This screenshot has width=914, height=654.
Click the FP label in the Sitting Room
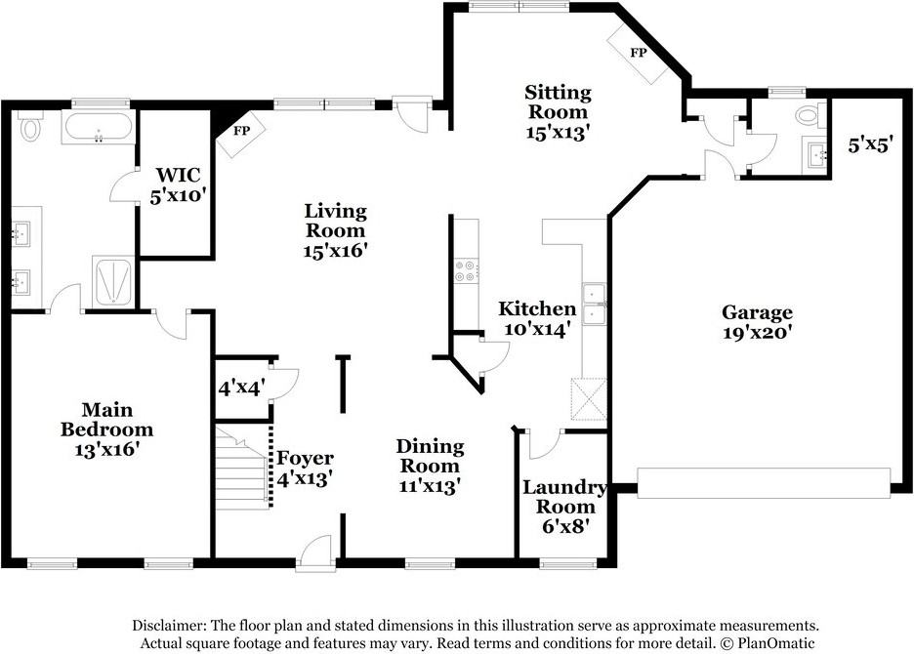tap(639, 53)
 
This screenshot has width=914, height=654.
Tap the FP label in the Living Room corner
tap(241, 131)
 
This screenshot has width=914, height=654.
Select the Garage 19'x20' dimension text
tap(757, 333)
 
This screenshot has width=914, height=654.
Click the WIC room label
tap(178, 175)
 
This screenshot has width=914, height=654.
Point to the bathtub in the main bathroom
tap(99, 127)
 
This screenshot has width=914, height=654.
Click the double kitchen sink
tap(595, 305)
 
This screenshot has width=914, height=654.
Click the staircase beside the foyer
tap(242, 468)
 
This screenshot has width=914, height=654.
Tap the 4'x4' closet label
tap(241, 388)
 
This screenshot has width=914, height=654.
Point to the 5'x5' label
tap(870, 143)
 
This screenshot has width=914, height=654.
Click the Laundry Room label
tap(564, 497)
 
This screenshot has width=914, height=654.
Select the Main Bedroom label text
tap(106, 420)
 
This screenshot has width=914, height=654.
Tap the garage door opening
tap(765, 482)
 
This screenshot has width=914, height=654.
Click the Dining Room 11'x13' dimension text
tap(431, 485)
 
